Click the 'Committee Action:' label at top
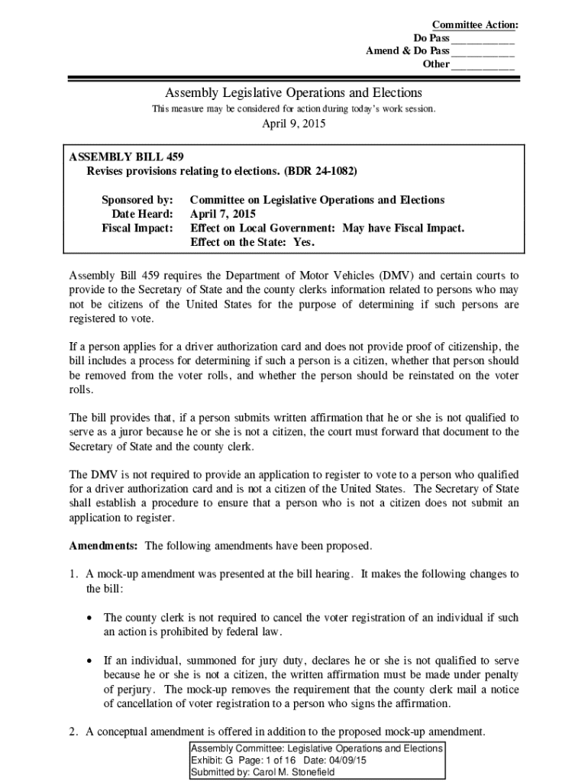pos(475,25)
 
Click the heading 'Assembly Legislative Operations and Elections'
pos(293,92)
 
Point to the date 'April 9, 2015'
pos(293,125)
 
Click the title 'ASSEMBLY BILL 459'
pos(126,157)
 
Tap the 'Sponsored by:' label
pos(137,200)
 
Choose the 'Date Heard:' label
pos(143,214)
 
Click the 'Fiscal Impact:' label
pos(137,228)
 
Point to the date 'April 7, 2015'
pos(223,214)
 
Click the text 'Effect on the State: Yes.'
pos(252,242)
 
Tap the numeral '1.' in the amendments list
pos(74,574)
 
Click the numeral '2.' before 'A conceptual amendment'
pos(74,732)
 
